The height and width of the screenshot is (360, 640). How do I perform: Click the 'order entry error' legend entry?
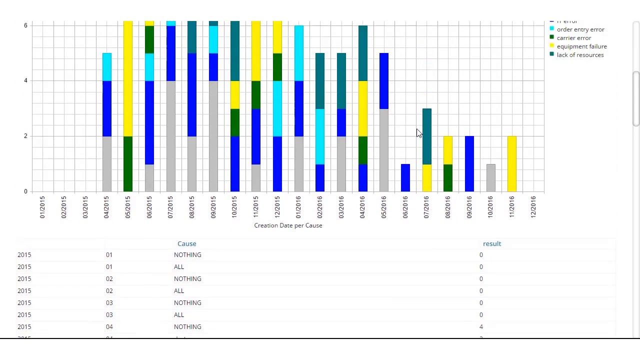click(x=580, y=29)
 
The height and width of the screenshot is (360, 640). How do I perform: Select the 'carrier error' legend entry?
click(x=573, y=38)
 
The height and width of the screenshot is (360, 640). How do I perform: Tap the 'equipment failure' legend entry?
click(x=581, y=46)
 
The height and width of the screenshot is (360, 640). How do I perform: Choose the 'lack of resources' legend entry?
click(x=580, y=55)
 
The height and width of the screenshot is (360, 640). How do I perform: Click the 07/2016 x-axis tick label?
click(x=426, y=207)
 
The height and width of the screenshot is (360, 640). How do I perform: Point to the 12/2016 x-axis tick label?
click(x=533, y=207)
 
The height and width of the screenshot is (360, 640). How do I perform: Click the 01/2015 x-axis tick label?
click(x=42, y=207)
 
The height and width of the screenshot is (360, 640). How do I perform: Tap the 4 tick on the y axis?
click(x=25, y=80)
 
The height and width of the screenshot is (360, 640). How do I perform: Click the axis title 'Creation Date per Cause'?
click(x=288, y=225)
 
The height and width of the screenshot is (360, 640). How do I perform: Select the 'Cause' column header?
click(x=187, y=243)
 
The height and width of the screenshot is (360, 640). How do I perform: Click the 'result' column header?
click(x=492, y=243)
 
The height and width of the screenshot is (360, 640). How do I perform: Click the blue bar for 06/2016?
click(x=405, y=177)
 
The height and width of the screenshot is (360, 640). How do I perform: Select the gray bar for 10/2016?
click(x=491, y=177)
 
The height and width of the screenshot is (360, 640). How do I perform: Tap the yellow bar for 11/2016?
click(x=512, y=163)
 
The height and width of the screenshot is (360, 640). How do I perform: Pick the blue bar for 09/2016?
click(x=469, y=163)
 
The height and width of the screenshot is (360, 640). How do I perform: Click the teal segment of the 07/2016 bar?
click(x=427, y=136)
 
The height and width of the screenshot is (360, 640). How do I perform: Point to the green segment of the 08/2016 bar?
click(x=448, y=177)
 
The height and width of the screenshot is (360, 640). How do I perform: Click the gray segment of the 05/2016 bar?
click(x=384, y=150)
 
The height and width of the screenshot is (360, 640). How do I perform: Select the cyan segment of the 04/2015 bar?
click(x=107, y=67)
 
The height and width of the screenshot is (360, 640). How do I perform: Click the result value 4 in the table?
click(x=481, y=327)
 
